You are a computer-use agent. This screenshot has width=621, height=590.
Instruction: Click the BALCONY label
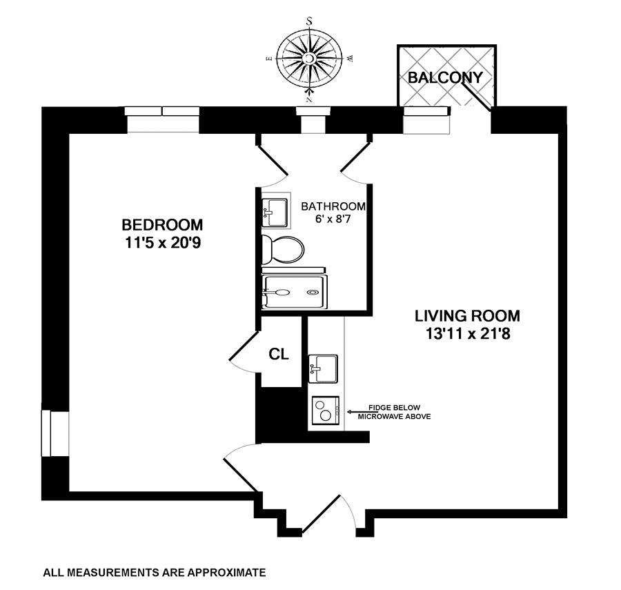point(445,77)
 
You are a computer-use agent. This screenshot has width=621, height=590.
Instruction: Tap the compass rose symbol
point(310,59)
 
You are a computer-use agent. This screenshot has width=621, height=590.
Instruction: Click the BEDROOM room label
point(162,225)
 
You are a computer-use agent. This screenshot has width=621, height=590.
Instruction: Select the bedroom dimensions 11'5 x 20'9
point(162,242)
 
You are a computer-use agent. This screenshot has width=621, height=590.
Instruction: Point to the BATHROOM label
point(333,206)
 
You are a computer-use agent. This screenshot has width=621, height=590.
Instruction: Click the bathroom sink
point(276,210)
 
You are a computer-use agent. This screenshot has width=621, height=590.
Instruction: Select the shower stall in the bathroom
point(293,292)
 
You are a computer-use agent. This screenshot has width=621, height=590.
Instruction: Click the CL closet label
point(278,355)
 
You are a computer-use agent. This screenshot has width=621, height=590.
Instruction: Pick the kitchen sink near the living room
point(323,368)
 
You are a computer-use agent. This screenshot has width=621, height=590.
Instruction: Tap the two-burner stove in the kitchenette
point(325,412)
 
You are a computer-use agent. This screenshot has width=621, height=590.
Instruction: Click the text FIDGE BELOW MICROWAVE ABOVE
point(393,412)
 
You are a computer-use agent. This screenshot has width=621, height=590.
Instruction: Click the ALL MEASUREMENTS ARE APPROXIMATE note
point(154,572)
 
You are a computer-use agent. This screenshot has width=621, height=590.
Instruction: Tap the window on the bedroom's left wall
point(47,433)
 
